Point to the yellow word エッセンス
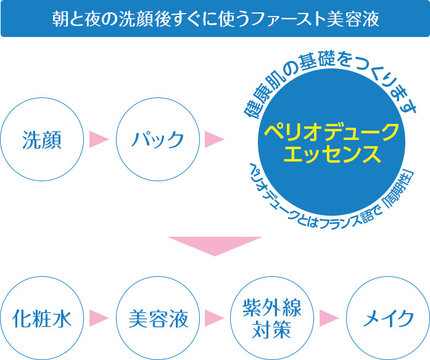pyautogui.click(x=331, y=155)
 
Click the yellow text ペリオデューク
pyautogui.click(x=331, y=131)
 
